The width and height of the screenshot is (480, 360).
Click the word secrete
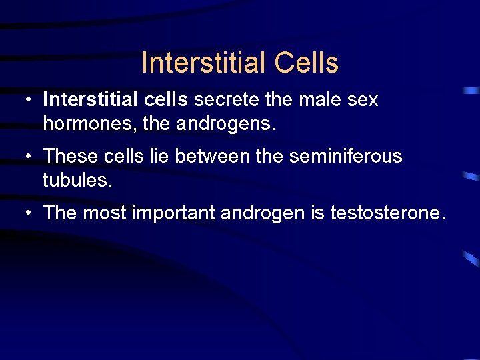[225, 100]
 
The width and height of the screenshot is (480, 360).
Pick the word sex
[363, 101]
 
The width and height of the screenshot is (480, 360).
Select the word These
[71, 156]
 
